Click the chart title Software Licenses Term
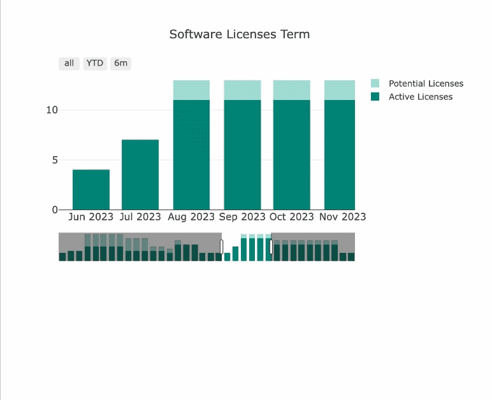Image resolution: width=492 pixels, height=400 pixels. pos(240,34)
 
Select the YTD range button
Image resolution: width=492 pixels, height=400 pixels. pos(95,63)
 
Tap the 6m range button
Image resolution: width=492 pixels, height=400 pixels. pos(120,63)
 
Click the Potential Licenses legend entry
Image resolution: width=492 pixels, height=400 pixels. pos(426,83)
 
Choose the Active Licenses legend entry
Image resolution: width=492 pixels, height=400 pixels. pos(420,97)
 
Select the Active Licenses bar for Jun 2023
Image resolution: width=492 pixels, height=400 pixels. pos(91,190)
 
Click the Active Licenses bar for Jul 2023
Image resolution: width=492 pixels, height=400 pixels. pos(140,175)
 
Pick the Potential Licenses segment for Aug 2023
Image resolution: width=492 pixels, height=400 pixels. pos(191,90)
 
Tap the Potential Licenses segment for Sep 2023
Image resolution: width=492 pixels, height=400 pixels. pos(242,90)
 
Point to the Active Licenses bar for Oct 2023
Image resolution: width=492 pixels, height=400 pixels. pos(292,155)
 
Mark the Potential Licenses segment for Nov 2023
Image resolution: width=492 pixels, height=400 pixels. pos(340,90)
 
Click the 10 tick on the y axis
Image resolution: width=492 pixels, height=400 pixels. pos(52,110)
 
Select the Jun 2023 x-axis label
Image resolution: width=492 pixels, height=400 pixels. pos(91,217)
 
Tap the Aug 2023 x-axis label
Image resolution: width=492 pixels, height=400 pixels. pos(191,217)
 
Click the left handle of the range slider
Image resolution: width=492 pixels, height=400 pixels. pos(222,246)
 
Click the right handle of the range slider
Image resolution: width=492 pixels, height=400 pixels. pos(271,246)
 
